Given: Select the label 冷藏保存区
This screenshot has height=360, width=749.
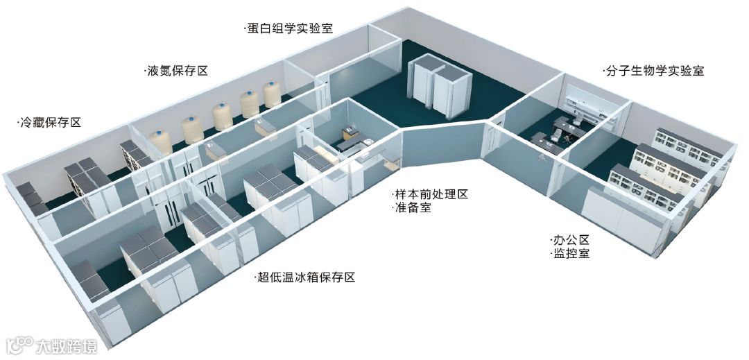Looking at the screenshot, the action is click(x=50, y=123).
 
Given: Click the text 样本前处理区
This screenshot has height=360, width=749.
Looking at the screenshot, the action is click(x=430, y=194).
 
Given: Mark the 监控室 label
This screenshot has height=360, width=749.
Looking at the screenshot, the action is click(x=571, y=254).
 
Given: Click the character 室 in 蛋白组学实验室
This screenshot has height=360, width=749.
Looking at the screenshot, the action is click(x=327, y=29).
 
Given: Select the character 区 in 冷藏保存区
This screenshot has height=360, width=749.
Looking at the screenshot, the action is click(x=76, y=123).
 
